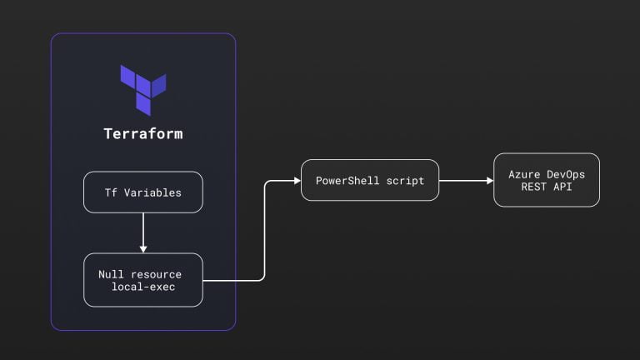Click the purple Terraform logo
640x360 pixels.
point(143,90)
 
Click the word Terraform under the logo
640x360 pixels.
point(143,134)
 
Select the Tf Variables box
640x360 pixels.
point(143,192)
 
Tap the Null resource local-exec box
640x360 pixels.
point(143,280)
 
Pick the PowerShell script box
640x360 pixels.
point(370,180)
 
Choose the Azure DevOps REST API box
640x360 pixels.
point(547,180)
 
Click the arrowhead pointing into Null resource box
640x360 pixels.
point(143,249)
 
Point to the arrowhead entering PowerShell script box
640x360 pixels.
point(297,180)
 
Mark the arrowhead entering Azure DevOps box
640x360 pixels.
point(490,180)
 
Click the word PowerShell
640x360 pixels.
point(347,180)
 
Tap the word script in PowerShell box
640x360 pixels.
point(405,181)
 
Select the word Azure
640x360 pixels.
point(524,175)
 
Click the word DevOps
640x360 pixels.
point(566,175)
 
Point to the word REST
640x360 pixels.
point(533,187)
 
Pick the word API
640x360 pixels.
point(562,187)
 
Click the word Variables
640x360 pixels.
point(152,192)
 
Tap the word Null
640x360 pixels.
point(111,274)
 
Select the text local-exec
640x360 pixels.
point(143,287)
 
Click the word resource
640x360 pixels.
point(156,275)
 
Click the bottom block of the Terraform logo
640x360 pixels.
point(143,104)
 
